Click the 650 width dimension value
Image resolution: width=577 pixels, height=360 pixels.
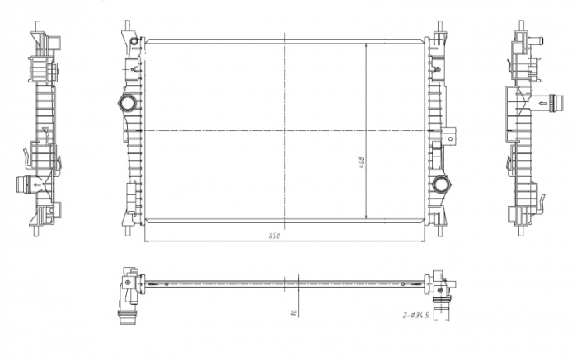click(x=274, y=236)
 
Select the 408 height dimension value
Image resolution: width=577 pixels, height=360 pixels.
click(x=361, y=162)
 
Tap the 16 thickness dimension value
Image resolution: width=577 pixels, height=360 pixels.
click(x=293, y=312)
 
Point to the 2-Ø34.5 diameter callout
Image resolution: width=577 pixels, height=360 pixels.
click(x=415, y=316)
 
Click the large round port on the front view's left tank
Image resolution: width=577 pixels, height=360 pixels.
click(x=128, y=103)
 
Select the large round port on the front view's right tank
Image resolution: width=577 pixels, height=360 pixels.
click(x=440, y=185)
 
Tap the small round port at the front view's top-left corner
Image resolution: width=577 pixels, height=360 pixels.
click(x=134, y=41)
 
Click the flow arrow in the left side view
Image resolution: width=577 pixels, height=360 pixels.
click(x=37, y=185)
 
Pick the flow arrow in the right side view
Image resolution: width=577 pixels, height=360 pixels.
click(x=542, y=103)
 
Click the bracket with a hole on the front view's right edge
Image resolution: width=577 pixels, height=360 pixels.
click(x=450, y=136)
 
